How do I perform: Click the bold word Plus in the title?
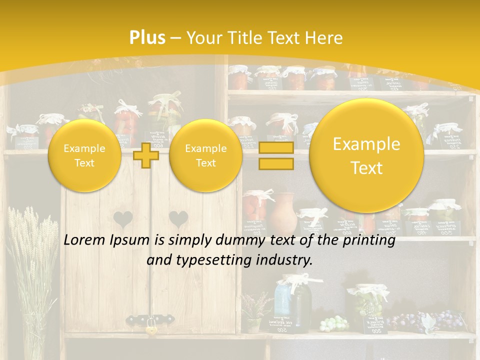point(147,38)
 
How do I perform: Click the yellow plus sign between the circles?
point(146,155)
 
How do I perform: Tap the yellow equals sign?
point(275,155)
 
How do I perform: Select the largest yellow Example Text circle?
point(366,155)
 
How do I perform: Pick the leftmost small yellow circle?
point(84,155)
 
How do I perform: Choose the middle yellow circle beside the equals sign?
point(205,155)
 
